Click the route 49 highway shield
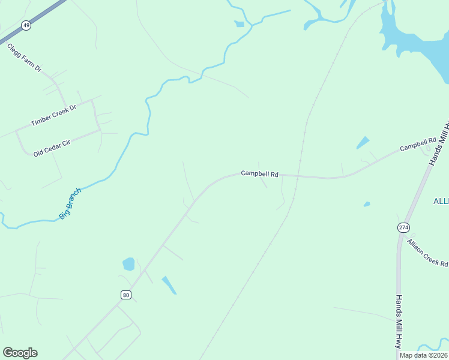pos(26,25)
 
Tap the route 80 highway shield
pos(125,295)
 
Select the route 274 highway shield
pos(403,227)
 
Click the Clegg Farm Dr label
pos(25,58)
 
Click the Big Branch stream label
pos(70,203)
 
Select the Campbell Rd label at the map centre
pos(260,174)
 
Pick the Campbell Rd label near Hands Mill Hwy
pos(418,146)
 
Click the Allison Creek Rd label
pos(427,253)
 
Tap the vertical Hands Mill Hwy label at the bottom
pos(398,322)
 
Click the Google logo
pos(20,353)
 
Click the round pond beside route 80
pos(128,264)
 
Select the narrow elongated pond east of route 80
pos(169,285)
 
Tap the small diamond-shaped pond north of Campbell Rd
pos(363,143)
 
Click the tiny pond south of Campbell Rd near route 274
pos(367,204)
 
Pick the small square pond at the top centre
pos(240,24)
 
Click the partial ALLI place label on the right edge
pos(441,202)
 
